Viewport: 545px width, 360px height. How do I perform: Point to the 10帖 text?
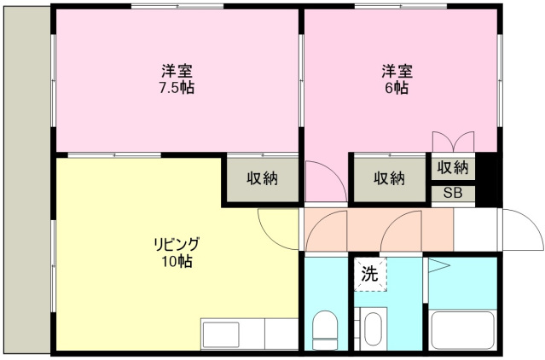(x=177, y=262)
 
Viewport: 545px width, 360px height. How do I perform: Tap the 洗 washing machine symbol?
(x=369, y=275)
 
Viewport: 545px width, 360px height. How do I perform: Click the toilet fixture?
(x=324, y=329)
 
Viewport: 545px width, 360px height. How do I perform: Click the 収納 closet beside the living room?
(x=263, y=178)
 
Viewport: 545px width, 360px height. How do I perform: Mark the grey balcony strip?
(x=26, y=179)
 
